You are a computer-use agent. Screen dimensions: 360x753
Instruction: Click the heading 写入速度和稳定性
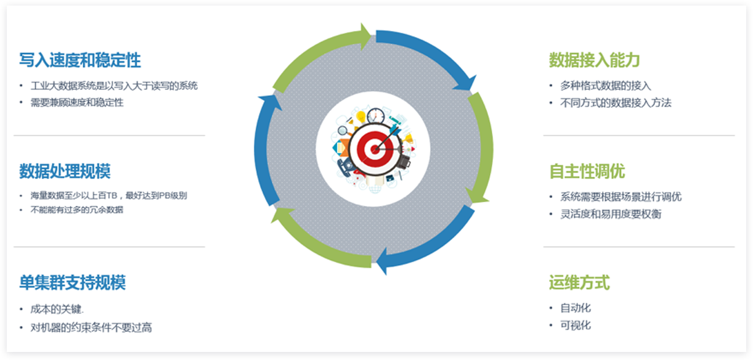click(80, 60)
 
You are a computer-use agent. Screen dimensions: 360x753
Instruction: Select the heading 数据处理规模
click(65, 171)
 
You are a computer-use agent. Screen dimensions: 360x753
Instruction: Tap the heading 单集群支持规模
click(73, 283)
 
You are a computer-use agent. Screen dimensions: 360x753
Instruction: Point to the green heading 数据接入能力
click(595, 60)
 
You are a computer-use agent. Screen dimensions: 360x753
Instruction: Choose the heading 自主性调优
click(587, 171)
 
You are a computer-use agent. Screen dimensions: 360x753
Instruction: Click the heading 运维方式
click(579, 283)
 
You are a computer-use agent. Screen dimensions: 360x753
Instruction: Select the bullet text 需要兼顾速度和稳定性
click(77, 102)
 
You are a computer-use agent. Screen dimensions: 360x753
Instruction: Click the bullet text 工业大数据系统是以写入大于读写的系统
click(114, 86)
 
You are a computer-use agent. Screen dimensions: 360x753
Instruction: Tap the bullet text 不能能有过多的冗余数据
click(77, 210)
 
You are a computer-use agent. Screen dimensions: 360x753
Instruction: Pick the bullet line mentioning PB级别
click(108, 196)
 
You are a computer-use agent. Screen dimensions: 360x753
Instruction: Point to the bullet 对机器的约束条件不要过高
click(91, 327)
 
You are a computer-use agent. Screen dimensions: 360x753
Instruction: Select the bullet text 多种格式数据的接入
click(605, 86)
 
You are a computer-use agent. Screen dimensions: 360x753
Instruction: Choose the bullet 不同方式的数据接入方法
click(616, 103)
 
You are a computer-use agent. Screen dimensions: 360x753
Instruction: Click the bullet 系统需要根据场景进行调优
click(621, 197)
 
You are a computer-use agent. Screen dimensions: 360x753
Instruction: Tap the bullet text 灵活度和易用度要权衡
click(611, 214)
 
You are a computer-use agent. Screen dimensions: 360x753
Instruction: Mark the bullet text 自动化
click(576, 308)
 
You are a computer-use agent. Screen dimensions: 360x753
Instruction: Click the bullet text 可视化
click(576, 325)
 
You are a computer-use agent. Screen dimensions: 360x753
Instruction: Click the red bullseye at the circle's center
click(373, 149)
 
